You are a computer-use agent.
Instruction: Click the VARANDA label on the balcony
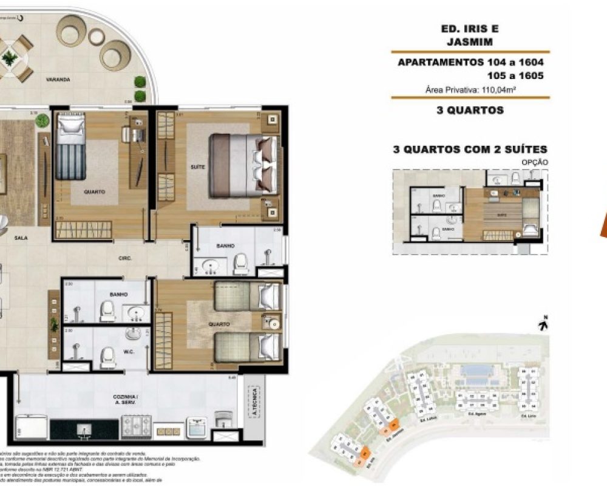(59, 80)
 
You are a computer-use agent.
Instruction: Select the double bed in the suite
(243, 165)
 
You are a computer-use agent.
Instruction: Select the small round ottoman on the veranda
(97, 36)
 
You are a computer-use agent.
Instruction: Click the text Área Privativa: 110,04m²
(470, 90)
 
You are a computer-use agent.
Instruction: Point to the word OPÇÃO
(535, 163)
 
